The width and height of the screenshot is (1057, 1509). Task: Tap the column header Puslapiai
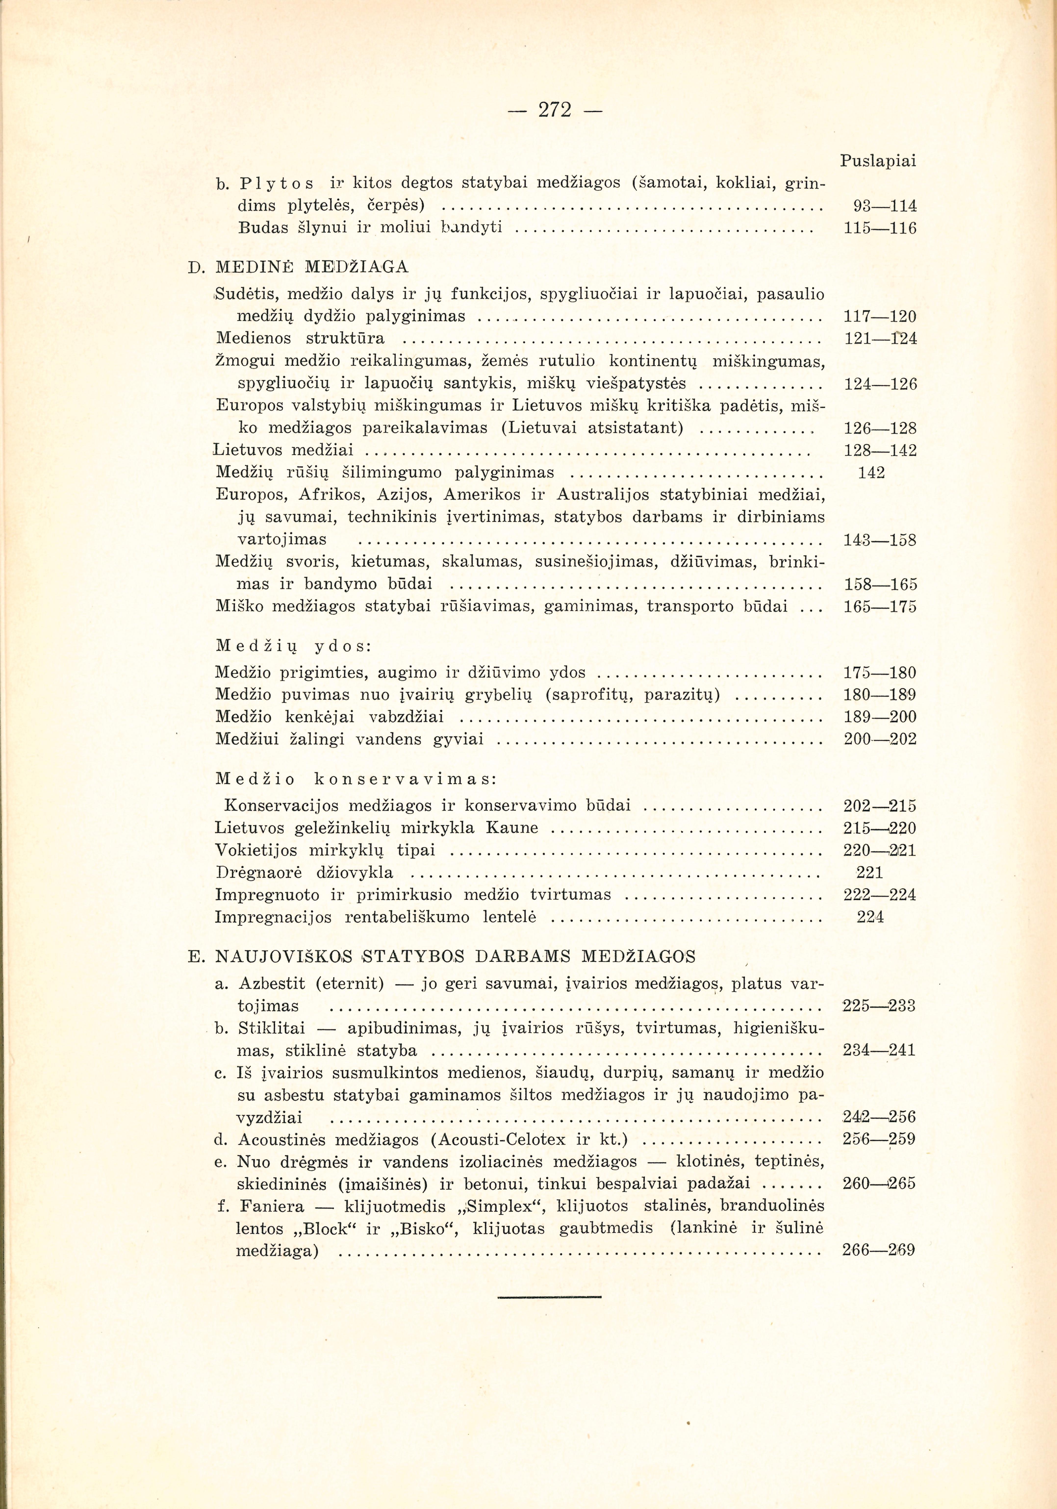(878, 161)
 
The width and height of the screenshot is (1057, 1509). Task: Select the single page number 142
(872, 473)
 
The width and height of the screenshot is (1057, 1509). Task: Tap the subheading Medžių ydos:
(294, 646)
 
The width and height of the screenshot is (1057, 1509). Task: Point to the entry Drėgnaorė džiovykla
(304, 873)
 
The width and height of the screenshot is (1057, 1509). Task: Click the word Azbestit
(272, 984)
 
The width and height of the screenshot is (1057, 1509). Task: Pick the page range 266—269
(878, 1251)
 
